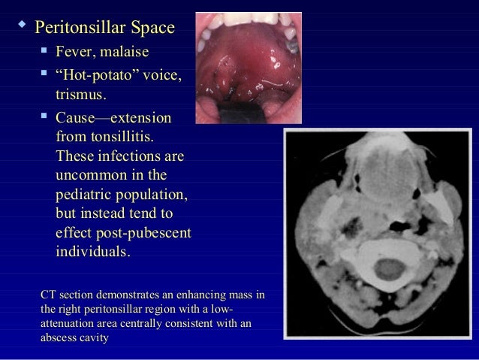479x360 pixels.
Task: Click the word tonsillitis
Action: pyautogui.click(x=120, y=138)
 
